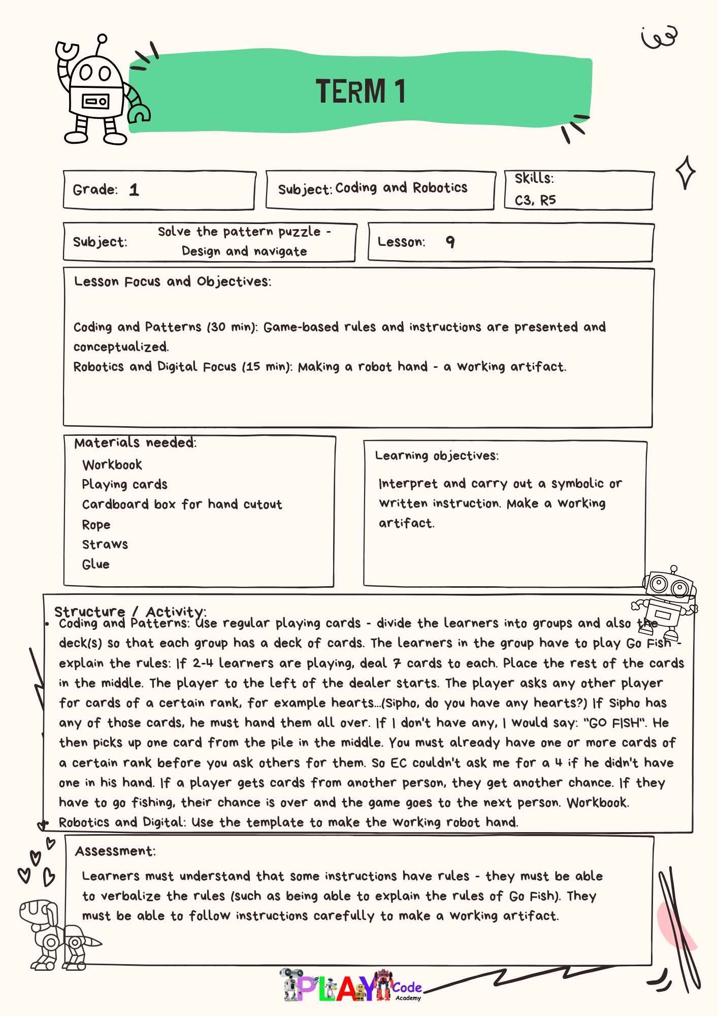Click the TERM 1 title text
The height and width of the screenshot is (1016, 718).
(x=361, y=92)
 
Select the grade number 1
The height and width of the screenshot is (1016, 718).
(x=134, y=190)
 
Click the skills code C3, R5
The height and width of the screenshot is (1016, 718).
(x=535, y=200)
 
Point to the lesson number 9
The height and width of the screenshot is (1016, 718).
(x=450, y=242)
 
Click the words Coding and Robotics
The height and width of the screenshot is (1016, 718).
(x=401, y=188)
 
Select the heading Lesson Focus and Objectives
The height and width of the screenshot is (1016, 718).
(x=173, y=282)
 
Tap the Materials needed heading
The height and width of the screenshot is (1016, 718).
(x=135, y=443)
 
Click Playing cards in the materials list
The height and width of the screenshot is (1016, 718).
(x=125, y=485)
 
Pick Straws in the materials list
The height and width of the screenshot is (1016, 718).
(x=105, y=545)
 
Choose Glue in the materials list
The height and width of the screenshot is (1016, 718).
(x=96, y=564)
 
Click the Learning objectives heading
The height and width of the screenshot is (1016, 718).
(x=437, y=456)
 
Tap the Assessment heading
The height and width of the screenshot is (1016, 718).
(x=115, y=851)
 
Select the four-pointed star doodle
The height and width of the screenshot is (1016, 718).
(x=685, y=172)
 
